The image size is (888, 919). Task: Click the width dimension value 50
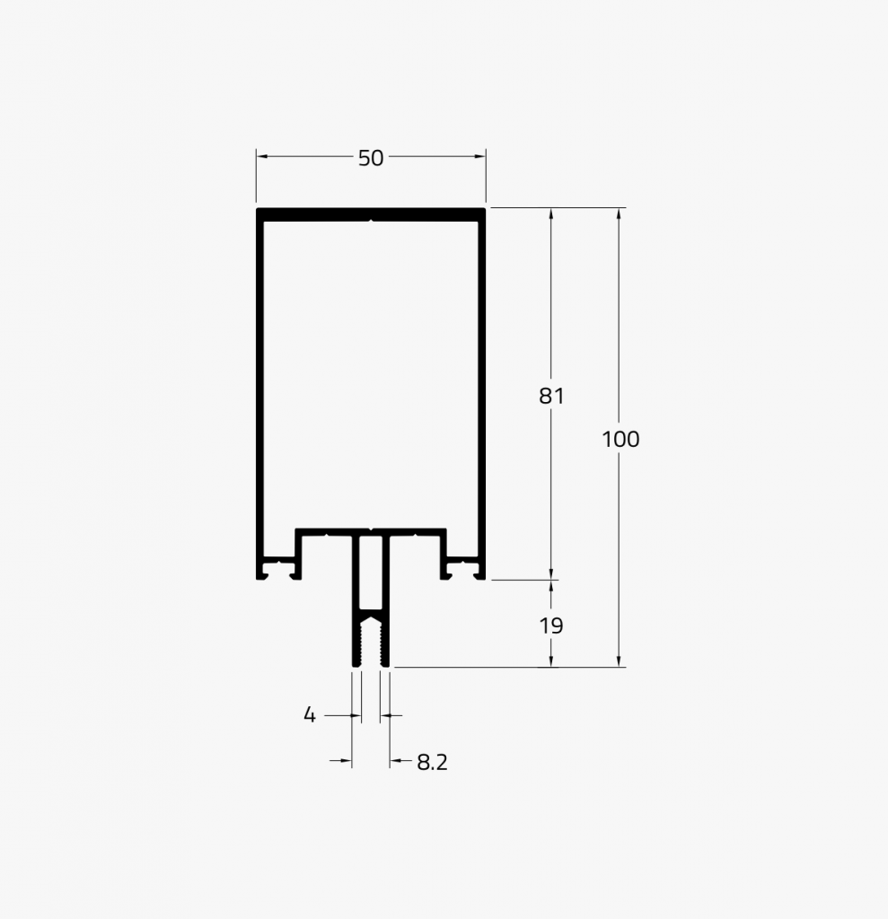click(x=370, y=158)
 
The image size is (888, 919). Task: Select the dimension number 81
click(x=551, y=395)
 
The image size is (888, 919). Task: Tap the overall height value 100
click(x=620, y=439)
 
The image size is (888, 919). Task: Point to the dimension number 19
click(x=551, y=626)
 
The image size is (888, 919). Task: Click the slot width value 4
click(x=310, y=715)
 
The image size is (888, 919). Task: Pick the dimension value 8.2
click(x=432, y=763)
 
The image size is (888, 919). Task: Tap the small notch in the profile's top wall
click(x=371, y=218)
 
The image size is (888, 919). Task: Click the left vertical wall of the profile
click(x=259, y=386)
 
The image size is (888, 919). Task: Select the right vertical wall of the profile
click(x=482, y=386)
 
